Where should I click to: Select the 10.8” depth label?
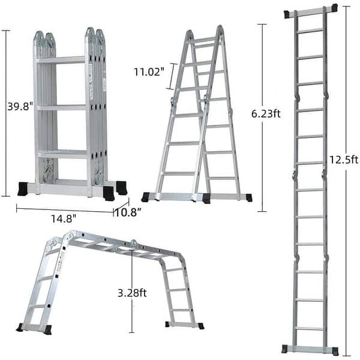128,212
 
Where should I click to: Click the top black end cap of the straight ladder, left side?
288,13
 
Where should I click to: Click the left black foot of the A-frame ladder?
145,197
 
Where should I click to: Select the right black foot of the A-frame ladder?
248,197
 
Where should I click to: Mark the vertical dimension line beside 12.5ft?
346,180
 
